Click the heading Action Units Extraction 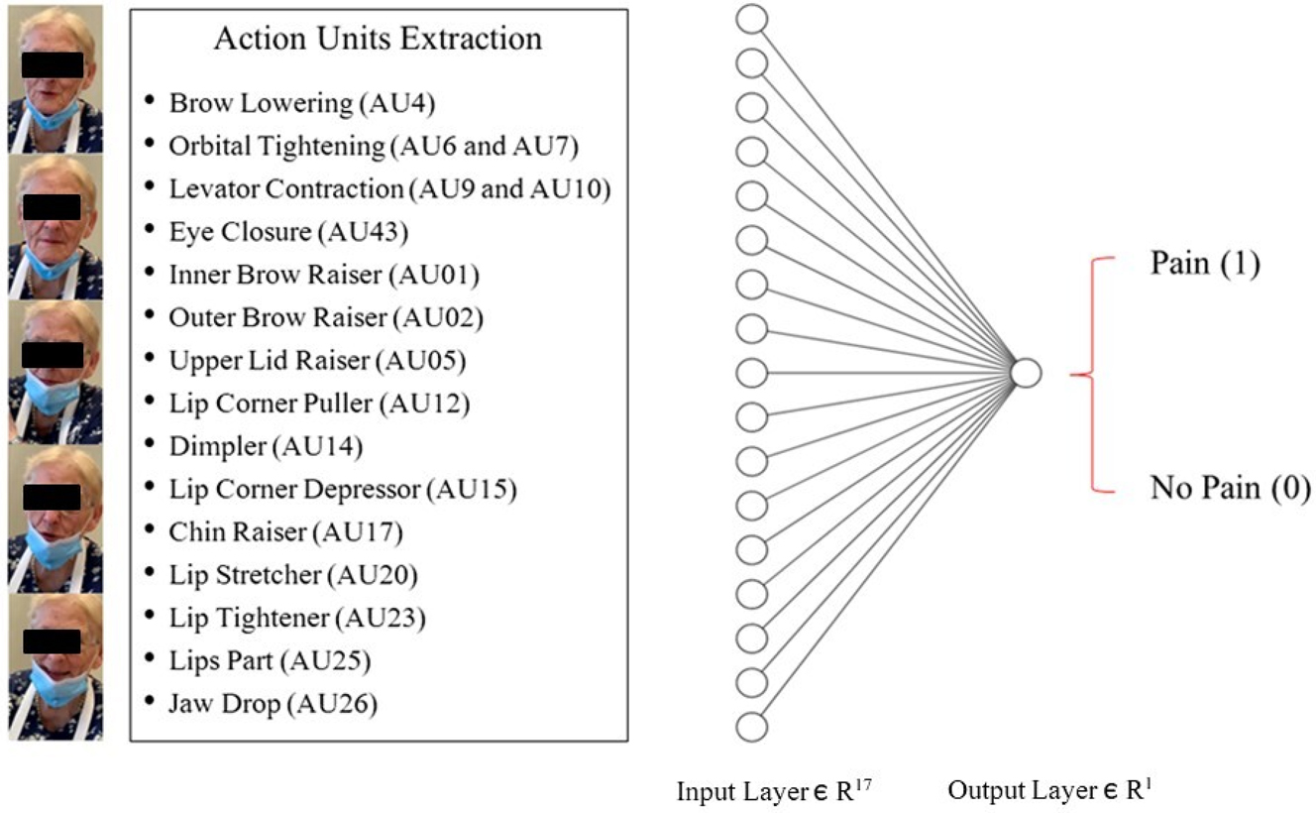point(378,39)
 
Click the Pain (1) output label point(1205,264)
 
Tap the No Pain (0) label point(1230,488)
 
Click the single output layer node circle point(1026,373)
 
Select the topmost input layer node point(752,18)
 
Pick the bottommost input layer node point(752,726)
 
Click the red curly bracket point(1090,375)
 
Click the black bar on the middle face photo point(53,354)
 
